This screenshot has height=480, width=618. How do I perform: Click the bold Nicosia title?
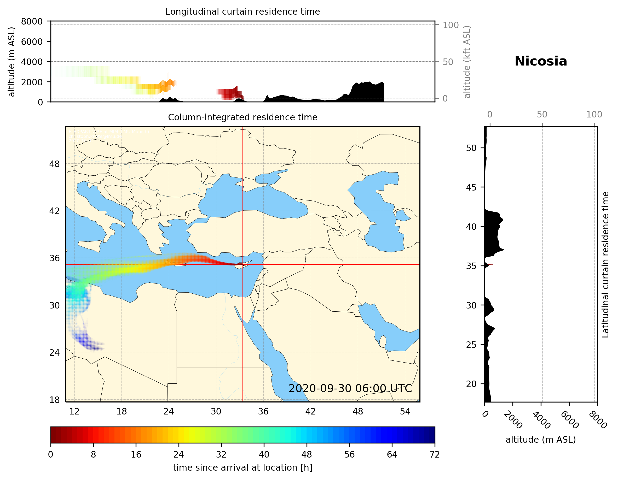tap(541, 61)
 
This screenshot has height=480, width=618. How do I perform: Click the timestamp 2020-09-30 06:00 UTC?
tap(350, 388)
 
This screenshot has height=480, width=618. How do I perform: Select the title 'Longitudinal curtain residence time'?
tap(242, 11)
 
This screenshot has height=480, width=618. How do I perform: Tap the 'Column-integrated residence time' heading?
tap(242, 117)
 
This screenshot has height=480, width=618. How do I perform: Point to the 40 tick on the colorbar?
tap(264, 455)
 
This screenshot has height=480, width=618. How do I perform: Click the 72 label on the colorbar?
tap(435, 455)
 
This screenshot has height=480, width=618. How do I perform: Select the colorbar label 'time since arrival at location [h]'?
tap(242, 467)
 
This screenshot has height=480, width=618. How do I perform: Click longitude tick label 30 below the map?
tap(216, 411)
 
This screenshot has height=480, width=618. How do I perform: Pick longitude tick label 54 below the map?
tap(405, 411)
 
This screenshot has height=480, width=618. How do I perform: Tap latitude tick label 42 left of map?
tap(54, 211)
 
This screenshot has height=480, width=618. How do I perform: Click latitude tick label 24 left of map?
tap(54, 353)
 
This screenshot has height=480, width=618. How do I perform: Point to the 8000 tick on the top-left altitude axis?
tap(32, 21)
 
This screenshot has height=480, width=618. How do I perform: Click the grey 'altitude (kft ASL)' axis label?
tap(467, 62)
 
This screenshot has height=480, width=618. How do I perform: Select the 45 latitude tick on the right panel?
tap(471, 187)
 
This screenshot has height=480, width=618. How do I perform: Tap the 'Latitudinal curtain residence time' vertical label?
tap(605, 264)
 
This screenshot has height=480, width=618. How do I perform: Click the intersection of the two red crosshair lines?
tap(242, 264)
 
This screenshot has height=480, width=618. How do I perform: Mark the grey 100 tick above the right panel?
tap(594, 115)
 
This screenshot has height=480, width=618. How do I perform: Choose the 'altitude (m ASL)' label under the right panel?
tap(540, 440)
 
